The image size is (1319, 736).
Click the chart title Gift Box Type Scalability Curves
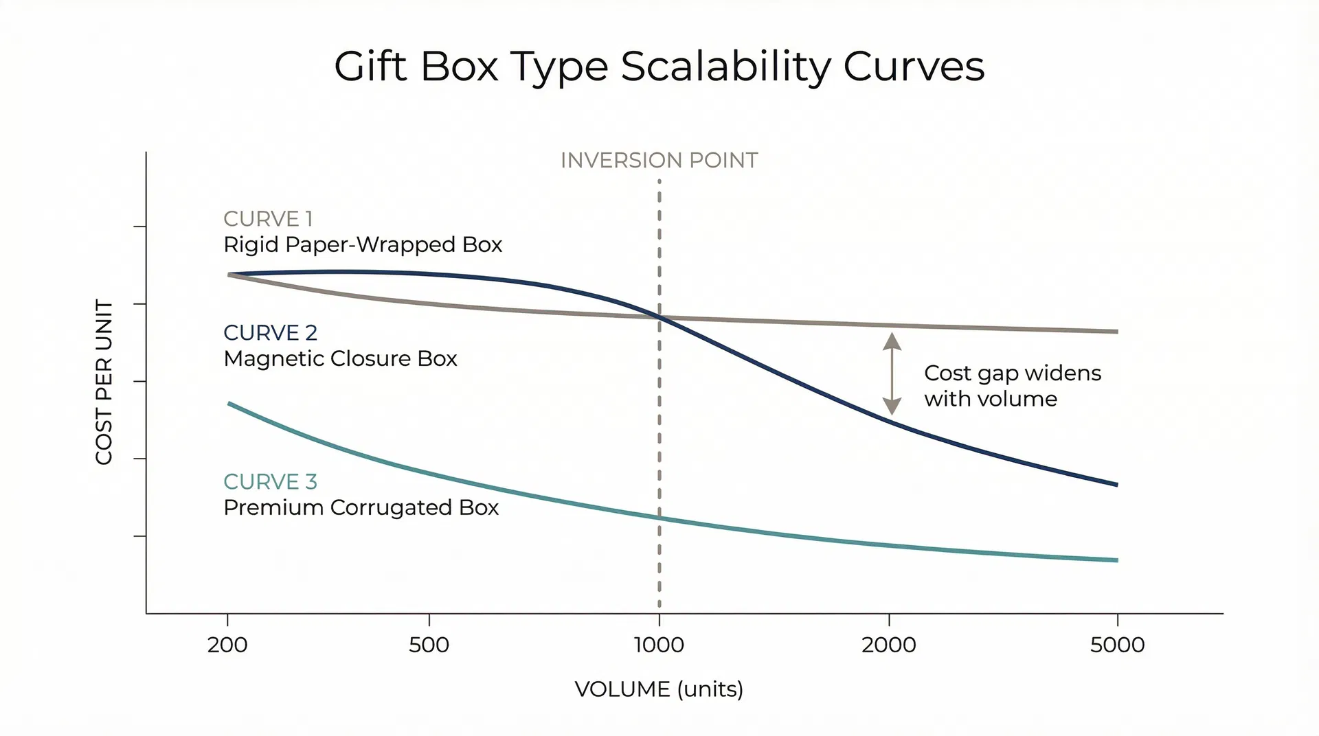[x=659, y=67]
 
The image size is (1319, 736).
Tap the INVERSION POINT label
[x=659, y=161]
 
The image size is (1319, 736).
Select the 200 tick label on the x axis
[x=227, y=645]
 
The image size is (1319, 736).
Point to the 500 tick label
[x=429, y=645]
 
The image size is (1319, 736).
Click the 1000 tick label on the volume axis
[x=659, y=645]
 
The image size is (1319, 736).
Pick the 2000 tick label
[x=889, y=645]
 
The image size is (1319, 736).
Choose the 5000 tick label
[x=1118, y=645]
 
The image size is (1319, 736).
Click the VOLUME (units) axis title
[x=659, y=689]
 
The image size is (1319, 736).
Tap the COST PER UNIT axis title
[x=104, y=382]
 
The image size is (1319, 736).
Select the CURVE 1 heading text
[x=268, y=219]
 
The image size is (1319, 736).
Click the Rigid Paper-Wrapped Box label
[x=363, y=245]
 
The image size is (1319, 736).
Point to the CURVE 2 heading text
[x=270, y=333]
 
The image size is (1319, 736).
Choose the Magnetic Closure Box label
[x=340, y=359]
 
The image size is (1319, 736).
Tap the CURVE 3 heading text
[x=270, y=482]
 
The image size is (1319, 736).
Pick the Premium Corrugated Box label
[x=361, y=508]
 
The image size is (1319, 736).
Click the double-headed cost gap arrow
[x=892, y=374]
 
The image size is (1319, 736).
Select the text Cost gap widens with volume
[x=1012, y=386]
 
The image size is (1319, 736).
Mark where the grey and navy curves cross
[x=659, y=317]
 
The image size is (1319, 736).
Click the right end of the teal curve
[x=1116, y=560]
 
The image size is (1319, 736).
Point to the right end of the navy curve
[x=1116, y=485]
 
